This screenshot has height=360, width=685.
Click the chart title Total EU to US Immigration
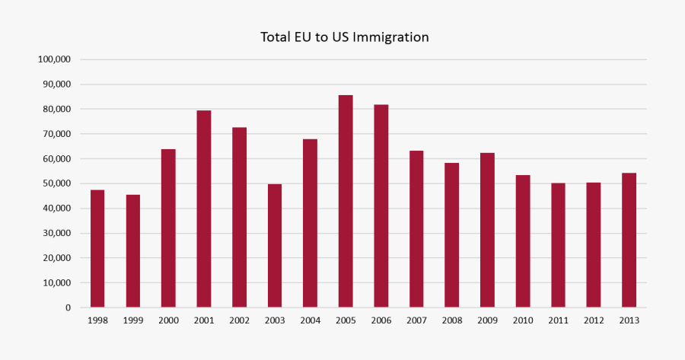[344, 37]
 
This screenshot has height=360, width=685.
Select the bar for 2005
[346, 202]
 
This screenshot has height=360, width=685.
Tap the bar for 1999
[133, 251]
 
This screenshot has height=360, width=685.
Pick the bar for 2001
[204, 209]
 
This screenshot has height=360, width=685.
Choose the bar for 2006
[381, 206]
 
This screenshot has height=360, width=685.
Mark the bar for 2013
[629, 241]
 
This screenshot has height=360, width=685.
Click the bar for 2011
[558, 245]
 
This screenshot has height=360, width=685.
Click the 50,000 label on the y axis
[57, 183]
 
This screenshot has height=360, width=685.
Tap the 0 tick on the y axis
[68, 307]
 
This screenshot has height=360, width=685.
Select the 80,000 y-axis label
[57, 109]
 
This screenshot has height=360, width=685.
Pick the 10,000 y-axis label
[57, 282]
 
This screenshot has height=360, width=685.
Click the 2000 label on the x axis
[168, 320]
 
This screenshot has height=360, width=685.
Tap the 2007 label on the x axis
[416, 320]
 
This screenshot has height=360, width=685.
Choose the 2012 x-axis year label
[594, 320]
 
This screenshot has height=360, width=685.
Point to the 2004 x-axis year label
[310, 320]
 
